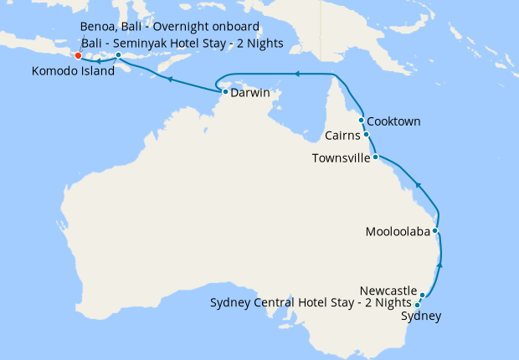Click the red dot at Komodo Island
click(78, 56)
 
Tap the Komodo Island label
click(71, 72)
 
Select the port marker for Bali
click(119, 55)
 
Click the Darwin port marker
click(225, 92)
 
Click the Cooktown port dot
click(362, 121)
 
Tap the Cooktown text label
click(393, 121)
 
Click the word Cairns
click(343, 135)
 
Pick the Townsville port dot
click(376, 157)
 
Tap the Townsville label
click(341, 157)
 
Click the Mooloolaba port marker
click(435, 230)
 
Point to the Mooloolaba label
click(398, 231)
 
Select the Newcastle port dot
click(424, 295)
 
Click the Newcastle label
click(388, 291)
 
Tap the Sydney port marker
click(418, 305)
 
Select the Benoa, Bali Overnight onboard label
click(175, 26)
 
